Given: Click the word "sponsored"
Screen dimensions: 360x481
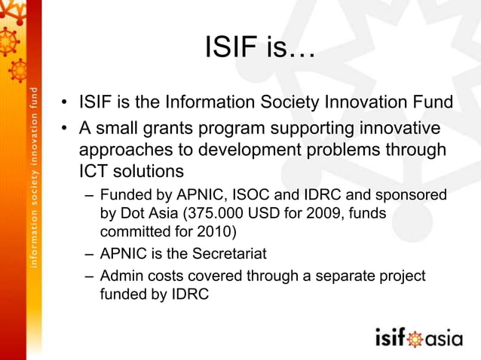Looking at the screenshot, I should pos(412,195).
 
